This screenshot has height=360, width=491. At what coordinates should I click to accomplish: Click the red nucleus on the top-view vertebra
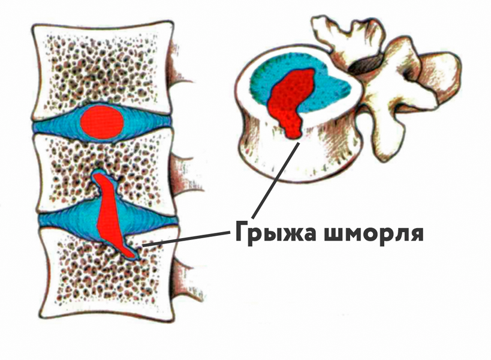(x=291, y=99)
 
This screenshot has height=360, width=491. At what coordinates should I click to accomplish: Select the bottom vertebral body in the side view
(x=90, y=282)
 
